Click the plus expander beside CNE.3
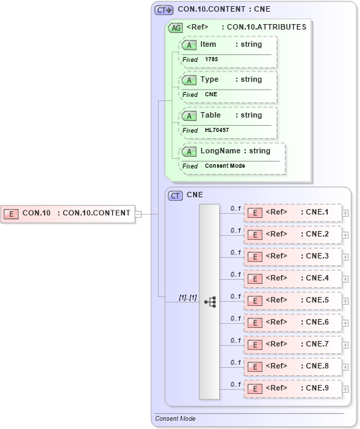[x=346, y=256]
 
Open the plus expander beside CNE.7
[x=346, y=344]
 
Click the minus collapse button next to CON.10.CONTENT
[x=138, y=213]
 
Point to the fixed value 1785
[x=212, y=59]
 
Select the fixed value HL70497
[x=216, y=130]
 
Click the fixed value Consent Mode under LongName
[x=225, y=166]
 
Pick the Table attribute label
[x=210, y=115]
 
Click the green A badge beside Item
[x=189, y=45]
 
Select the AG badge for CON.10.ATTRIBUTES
[x=176, y=27]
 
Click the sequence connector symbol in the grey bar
[x=210, y=301]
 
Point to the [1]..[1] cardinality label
[x=188, y=297]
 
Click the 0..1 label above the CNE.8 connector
[x=235, y=362]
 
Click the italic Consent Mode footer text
[x=175, y=418]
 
